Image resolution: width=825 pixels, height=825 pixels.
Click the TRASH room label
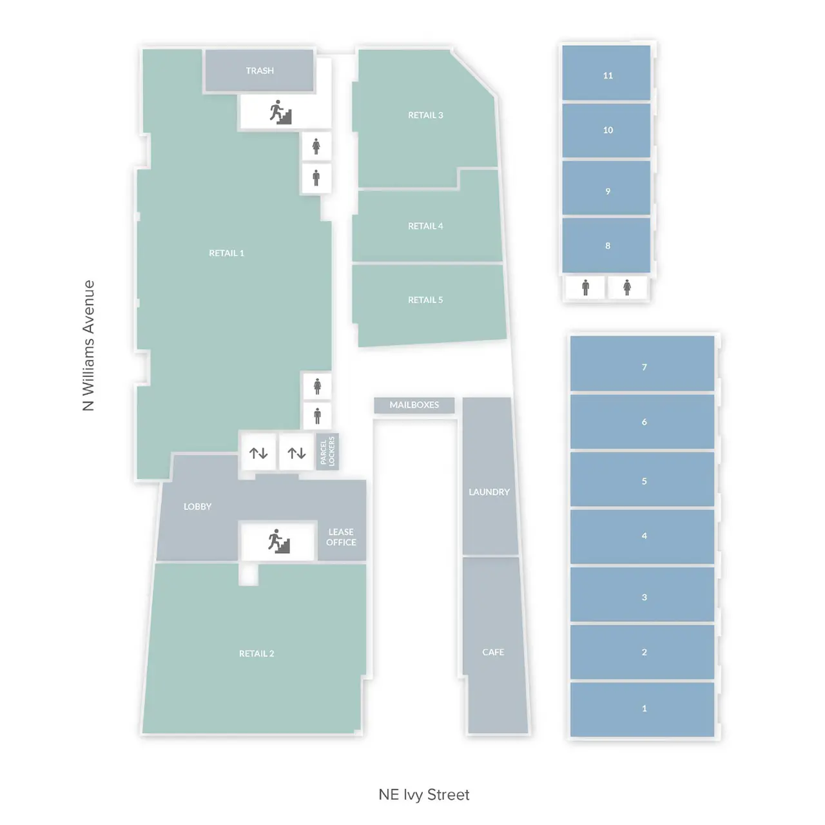click(x=260, y=71)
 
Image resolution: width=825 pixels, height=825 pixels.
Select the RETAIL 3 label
click(x=425, y=115)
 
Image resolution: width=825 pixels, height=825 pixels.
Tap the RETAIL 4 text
click(x=425, y=226)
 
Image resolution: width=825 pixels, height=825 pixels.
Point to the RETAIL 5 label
click(x=425, y=300)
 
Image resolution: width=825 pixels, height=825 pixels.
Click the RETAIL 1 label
click(x=226, y=253)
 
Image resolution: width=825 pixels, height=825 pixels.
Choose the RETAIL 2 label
click(x=257, y=654)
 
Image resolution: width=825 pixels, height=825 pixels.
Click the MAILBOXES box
click(x=414, y=405)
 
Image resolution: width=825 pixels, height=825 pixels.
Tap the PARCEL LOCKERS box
click(x=327, y=451)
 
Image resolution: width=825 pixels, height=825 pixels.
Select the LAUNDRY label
click(x=489, y=492)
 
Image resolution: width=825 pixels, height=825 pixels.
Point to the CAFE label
click(x=493, y=652)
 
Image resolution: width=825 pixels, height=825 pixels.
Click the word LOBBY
click(x=197, y=507)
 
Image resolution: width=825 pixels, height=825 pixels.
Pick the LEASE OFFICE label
click(x=341, y=537)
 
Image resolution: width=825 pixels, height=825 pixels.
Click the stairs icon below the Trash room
click(x=281, y=112)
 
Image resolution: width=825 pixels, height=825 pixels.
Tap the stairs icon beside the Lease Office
click(x=279, y=541)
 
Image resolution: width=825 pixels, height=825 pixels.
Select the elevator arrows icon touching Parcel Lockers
click(x=296, y=453)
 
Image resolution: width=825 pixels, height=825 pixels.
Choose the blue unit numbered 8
click(x=607, y=245)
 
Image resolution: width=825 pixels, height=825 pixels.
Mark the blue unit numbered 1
click(x=643, y=708)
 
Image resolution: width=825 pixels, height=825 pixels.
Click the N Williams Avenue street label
click(x=89, y=345)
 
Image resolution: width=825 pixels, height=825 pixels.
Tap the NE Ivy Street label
click(x=424, y=795)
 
